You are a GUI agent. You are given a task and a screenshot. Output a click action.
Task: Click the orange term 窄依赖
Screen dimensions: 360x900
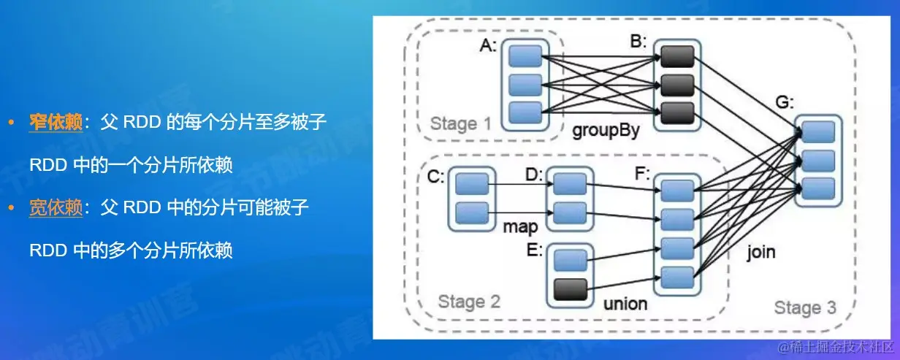[55, 123]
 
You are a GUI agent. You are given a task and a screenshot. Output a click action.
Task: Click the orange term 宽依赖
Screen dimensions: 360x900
[55, 208]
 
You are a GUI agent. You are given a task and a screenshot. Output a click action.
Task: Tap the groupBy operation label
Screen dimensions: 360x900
[606, 131]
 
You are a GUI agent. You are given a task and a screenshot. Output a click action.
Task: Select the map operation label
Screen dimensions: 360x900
[520, 227]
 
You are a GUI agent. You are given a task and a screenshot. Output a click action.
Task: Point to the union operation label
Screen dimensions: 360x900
[625, 303]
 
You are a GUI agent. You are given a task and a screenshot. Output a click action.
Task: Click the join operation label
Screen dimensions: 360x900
[761, 253]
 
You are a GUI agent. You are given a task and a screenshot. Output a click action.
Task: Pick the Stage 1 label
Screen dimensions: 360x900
[461, 123]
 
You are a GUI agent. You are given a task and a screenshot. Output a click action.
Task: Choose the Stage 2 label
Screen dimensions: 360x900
[469, 302]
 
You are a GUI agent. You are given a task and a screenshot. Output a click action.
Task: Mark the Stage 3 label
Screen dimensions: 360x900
[805, 307]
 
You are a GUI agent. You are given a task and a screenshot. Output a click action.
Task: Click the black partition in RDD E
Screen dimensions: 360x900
[571, 290]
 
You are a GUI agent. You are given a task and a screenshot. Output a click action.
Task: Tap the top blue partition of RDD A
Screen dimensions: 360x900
[525, 56]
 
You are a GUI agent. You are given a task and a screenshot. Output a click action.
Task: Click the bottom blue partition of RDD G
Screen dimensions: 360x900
[818, 186]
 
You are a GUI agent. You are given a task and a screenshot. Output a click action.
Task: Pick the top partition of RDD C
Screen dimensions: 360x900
[471, 185]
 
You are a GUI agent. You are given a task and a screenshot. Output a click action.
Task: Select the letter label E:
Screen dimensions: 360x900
[534, 250]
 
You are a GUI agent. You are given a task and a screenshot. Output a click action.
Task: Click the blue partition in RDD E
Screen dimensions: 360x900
[571, 261]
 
